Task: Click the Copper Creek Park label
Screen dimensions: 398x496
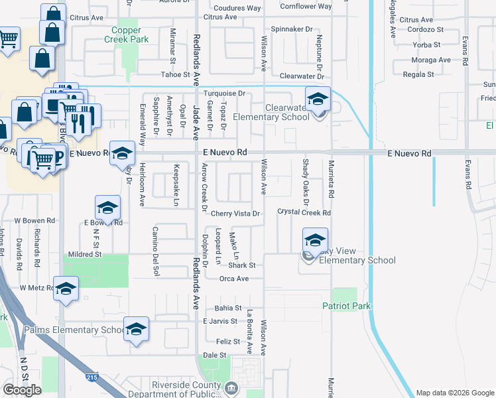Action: (x=123, y=34)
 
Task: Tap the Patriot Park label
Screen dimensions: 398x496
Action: (x=347, y=306)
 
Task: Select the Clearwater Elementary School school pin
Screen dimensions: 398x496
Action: (x=318, y=100)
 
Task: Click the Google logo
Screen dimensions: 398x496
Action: (x=22, y=390)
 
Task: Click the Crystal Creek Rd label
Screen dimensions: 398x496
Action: (x=304, y=213)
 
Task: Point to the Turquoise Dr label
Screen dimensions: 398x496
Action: (x=224, y=94)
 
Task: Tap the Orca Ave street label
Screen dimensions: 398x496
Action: (x=233, y=279)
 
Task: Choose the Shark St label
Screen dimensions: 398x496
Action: (x=243, y=265)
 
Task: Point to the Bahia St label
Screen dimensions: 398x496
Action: (x=228, y=308)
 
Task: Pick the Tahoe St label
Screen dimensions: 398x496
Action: (x=176, y=75)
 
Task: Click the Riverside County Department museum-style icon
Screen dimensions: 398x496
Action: (x=231, y=387)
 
